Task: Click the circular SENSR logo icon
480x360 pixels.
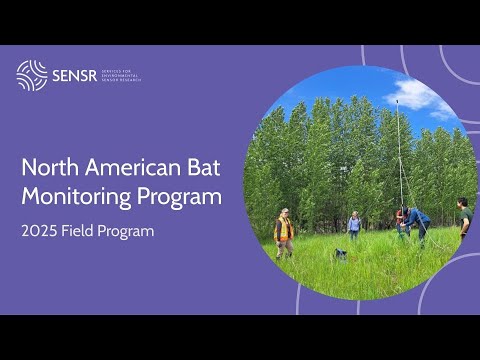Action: click(32, 75)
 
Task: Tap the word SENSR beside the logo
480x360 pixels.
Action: click(74, 76)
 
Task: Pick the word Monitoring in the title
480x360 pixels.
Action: click(80, 196)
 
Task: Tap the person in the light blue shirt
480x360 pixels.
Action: click(353, 225)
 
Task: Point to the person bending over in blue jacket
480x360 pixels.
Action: click(413, 220)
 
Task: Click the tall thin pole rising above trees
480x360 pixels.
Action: click(398, 150)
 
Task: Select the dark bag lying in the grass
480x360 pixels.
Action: click(340, 254)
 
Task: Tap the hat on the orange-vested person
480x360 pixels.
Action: click(285, 212)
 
